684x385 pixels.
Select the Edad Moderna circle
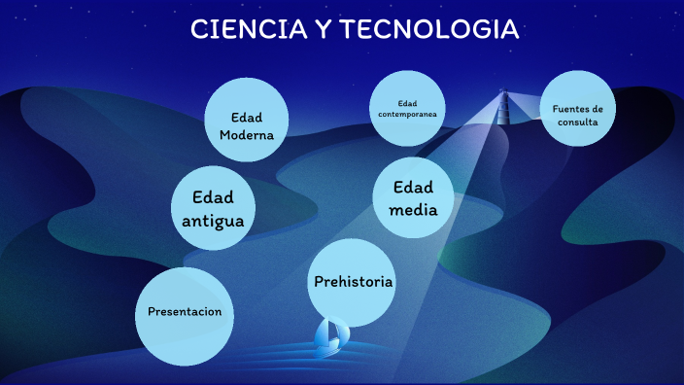[247, 119]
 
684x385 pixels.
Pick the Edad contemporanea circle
[407, 108]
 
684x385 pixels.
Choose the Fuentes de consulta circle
[577, 109]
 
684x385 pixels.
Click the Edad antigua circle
[213, 208]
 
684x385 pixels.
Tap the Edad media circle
[413, 198]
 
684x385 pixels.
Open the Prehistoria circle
[353, 282]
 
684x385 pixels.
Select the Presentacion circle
[185, 312]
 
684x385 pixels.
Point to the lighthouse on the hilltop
[503, 108]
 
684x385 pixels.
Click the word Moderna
[247, 135]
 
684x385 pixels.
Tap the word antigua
[213, 221]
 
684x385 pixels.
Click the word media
[413, 210]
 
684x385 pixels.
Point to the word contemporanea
[407, 114]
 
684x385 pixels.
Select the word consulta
[577, 123]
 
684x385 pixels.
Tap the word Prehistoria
[353, 282]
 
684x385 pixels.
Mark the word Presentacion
[185, 312]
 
